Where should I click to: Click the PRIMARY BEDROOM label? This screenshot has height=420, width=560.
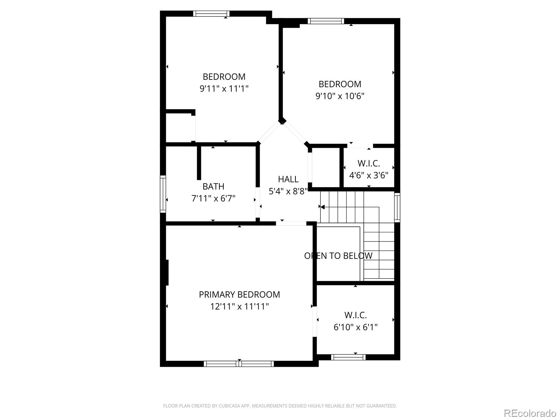coord(239,295)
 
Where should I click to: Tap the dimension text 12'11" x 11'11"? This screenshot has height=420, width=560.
coord(239,307)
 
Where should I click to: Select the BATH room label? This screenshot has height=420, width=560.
coord(213,187)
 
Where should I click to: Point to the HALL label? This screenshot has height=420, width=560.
coord(288,179)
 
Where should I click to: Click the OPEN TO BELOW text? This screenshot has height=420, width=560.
coord(338,256)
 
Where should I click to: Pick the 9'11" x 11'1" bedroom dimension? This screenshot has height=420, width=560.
coord(224,89)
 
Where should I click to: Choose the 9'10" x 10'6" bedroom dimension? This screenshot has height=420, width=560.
coord(340,96)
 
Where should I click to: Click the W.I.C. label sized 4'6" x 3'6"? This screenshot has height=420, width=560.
coord(369,163)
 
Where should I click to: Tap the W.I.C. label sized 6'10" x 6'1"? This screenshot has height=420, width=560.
coord(355,315)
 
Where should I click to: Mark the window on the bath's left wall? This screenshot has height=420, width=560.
coord(163,194)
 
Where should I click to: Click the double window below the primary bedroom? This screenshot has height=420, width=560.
coord(239,364)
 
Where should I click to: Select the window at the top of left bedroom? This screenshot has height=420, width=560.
coord(211,14)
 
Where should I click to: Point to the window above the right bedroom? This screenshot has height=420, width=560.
coord(325,21)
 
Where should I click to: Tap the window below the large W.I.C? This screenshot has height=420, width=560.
coord(348,357)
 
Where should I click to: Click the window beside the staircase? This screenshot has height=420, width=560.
coord(397,207)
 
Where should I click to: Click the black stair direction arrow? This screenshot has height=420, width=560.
coord(322,207)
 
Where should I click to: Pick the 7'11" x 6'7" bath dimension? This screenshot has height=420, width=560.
coord(213,198)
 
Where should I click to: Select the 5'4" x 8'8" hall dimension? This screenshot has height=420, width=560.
coord(288,191)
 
